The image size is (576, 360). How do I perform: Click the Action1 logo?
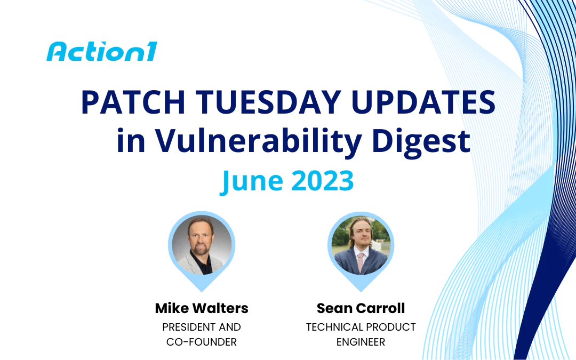(x=101, y=52)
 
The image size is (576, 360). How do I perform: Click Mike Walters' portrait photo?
(x=202, y=245)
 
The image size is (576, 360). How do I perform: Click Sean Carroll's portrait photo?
(x=361, y=245)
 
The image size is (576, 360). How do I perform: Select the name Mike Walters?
(x=202, y=308)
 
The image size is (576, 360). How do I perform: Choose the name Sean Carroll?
(x=361, y=308)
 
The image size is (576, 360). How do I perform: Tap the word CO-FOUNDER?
(x=202, y=342)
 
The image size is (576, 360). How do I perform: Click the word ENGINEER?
(x=361, y=342)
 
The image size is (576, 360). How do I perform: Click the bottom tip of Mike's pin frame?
(x=202, y=290)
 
